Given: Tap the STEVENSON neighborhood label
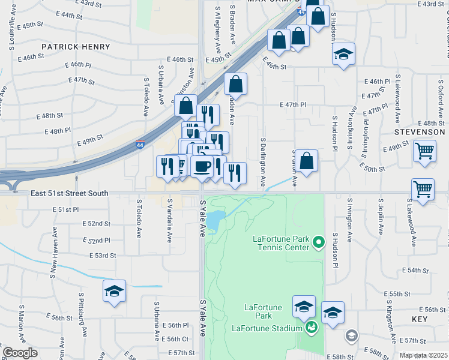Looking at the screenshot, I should (420, 131).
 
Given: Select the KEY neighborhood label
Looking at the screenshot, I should (420, 319).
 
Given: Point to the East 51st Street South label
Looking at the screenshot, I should (70, 193).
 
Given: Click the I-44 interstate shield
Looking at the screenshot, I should (140, 145).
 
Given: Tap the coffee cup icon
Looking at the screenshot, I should (202, 166).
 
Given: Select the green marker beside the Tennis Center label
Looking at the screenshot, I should (319, 243).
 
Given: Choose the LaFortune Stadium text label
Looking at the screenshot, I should (267, 328).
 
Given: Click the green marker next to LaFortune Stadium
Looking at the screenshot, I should (311, 327).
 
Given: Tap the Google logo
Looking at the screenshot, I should (20, 352).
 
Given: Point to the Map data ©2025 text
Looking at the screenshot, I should (423, 355).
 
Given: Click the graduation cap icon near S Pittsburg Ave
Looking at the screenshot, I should (114, 291).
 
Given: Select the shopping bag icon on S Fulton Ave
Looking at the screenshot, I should (306, 161).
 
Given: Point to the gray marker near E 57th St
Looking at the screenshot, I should (351, 335).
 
